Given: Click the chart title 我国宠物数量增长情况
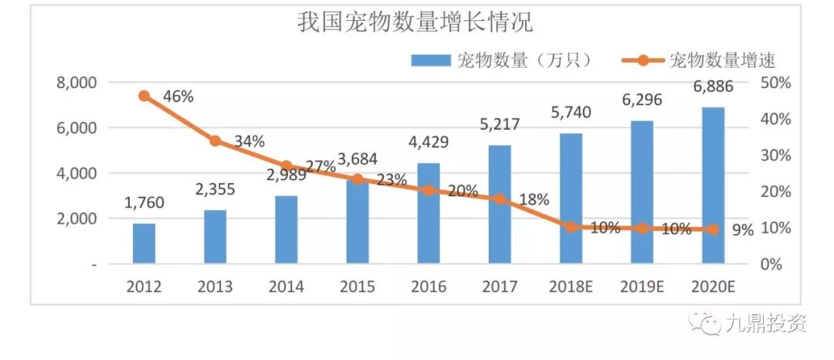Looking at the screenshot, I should pyautogui.click(x=415, y=22).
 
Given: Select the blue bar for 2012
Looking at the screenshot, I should pyautogui.click(x=144, y=243).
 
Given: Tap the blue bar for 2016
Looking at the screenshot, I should pyautogui.click(x=429, y=213).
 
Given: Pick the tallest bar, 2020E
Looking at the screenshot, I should pyautogui.click(x=714, y=185).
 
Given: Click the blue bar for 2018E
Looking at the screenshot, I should pyautogui.click(x=571, y=199).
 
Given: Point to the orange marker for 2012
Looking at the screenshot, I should pyautogui.click(x=144, y=96).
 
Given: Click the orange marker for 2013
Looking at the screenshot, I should pyautogui.click(x=215, y=141).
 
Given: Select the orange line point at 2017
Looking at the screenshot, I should pyautogui.click(x=500, y=199).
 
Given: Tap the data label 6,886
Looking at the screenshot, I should pyautogui.click(x=714, y=87).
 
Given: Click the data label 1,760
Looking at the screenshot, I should pyautogui.click(x=144, y=202).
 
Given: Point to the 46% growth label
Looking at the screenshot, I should pyautogui.click(x=178, y=97).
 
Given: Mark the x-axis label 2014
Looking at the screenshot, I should pyautogui.click(x=286, y=287).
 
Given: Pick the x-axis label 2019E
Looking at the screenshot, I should pyautogui.click(x=642, y=287).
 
